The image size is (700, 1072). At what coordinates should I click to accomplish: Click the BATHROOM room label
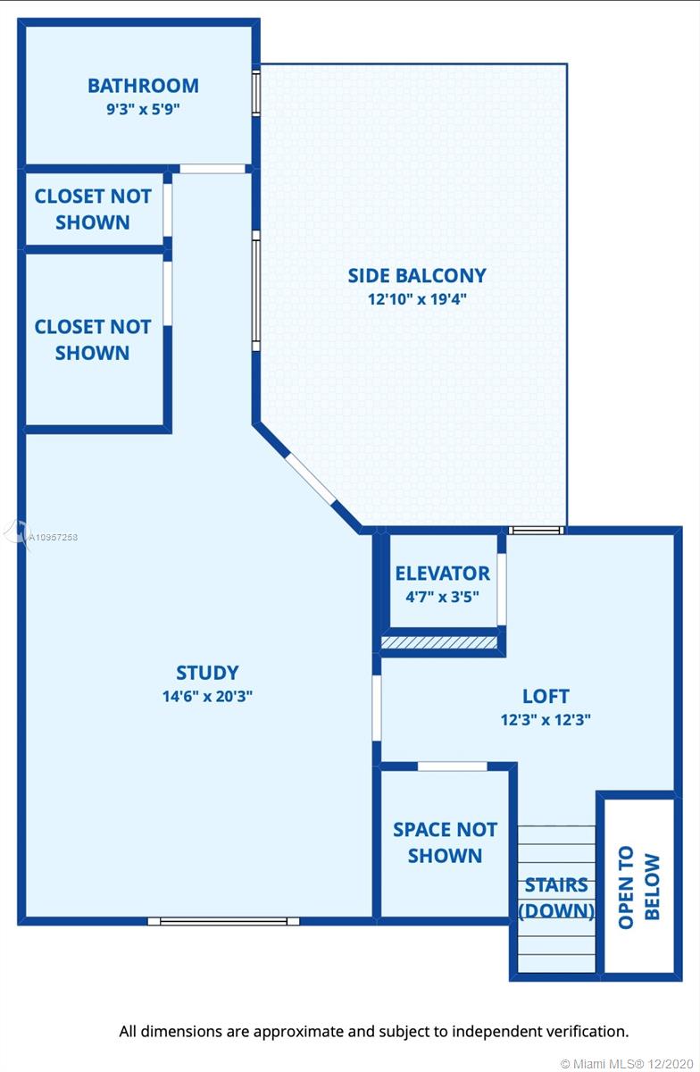click(x=143, y=86)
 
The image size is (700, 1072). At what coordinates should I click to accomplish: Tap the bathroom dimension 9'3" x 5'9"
click(x=143, y=109)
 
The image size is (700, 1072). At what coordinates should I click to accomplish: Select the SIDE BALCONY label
click(x=417, y=276)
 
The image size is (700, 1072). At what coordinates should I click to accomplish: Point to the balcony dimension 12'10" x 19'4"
click(x=417, y=299)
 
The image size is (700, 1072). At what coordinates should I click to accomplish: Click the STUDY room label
click(x=207, y=673)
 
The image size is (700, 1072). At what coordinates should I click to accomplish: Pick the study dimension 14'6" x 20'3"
click(x=207, y=696)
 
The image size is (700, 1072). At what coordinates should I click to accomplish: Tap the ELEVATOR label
click(x=443, y=574)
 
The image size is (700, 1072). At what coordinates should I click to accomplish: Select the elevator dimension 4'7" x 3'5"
click(x=443, y=597)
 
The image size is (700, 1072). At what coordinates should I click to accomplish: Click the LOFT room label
click(x=546, y=696)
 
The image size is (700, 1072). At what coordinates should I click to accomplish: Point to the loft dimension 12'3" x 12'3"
click(x=546, y=720)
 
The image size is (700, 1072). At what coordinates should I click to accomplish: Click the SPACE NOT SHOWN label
click(x=445, y=842)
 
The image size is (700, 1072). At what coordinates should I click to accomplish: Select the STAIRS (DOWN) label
click(x=556, y=898)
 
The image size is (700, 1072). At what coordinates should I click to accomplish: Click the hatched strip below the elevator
click(x=439, y=642)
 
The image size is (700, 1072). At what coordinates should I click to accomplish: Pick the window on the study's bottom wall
click(x=223, y=921)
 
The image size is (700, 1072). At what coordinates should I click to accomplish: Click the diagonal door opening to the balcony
click(x=311, y=479)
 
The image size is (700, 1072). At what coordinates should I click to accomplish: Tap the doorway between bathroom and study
click(x=212, y=169)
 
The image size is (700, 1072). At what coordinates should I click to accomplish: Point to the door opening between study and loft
click(x=377, y=708)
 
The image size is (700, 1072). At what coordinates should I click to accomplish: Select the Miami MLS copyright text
click(x=627, y=1064)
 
